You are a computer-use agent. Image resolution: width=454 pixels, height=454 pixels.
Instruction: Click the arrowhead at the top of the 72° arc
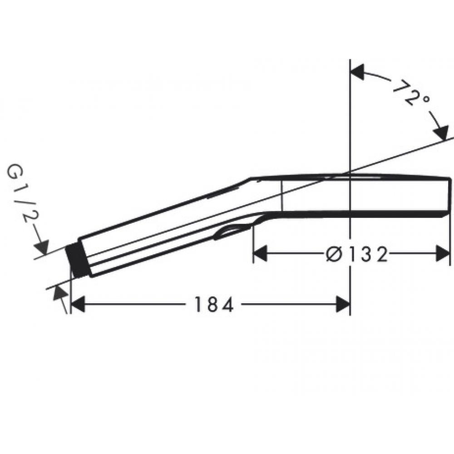(x=358, y=72)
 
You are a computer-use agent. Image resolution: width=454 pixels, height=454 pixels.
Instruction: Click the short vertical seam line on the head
(x=282, y=195)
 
